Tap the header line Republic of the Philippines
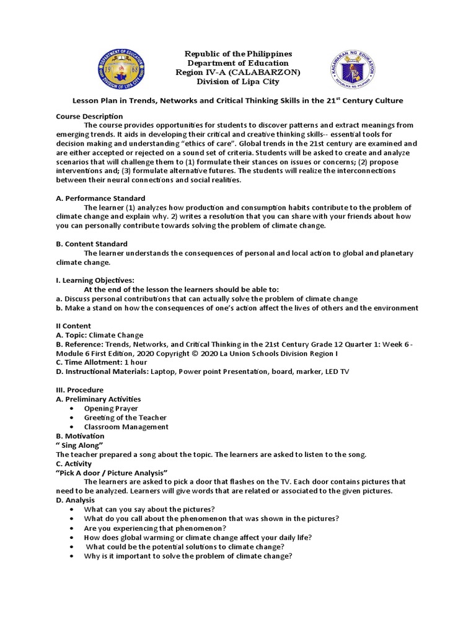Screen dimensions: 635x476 click(239, 54)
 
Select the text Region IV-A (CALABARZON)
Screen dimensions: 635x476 click(239, 73)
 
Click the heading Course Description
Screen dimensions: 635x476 click(89, 117)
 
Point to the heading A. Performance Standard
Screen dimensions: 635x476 click(100, 198)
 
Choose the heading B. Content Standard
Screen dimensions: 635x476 click(92, 244)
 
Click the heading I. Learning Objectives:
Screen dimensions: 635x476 click(95, 280)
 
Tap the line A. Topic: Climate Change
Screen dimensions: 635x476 click(99, 335)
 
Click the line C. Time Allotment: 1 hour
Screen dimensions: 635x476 click(101, 362)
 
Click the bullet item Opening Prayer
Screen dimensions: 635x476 click(111, 408)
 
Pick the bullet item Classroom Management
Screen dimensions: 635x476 click(126, 427)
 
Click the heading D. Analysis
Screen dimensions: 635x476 click(75, 500)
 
